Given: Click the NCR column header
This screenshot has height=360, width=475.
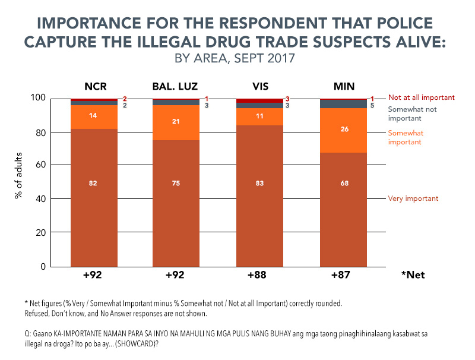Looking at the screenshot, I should pyautogui.click(x=94, y=84).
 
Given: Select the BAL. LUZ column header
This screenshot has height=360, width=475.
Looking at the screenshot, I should pyautogui.click(x=177, y=84).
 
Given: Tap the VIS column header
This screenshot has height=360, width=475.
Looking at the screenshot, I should pyautogui.click(x=260, y=84).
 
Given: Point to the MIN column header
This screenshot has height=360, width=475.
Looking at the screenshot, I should pyautogui.click(x=343, y=84).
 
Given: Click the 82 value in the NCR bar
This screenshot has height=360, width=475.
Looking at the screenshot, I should pyautogui.click(x=94, y=200).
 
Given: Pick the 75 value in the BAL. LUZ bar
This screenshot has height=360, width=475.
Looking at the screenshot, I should pyautogui.click(x=177, y=200).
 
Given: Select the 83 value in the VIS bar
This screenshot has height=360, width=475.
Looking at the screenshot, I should pyautogui.click(x=260, y=200).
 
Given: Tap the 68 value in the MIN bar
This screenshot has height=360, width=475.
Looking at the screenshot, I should pyautogui.click(x=343, y=200).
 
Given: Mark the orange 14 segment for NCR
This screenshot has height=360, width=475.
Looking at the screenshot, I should pyautogui.click(x=94, y=116).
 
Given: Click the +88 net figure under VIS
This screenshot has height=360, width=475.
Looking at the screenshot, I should pyautogui.click(x=260, y=276).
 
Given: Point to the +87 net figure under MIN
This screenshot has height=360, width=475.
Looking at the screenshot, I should pyautogui.click(x=343, y=276).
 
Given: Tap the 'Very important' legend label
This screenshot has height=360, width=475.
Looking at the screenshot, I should pyautogui.click(x=413, y=198).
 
